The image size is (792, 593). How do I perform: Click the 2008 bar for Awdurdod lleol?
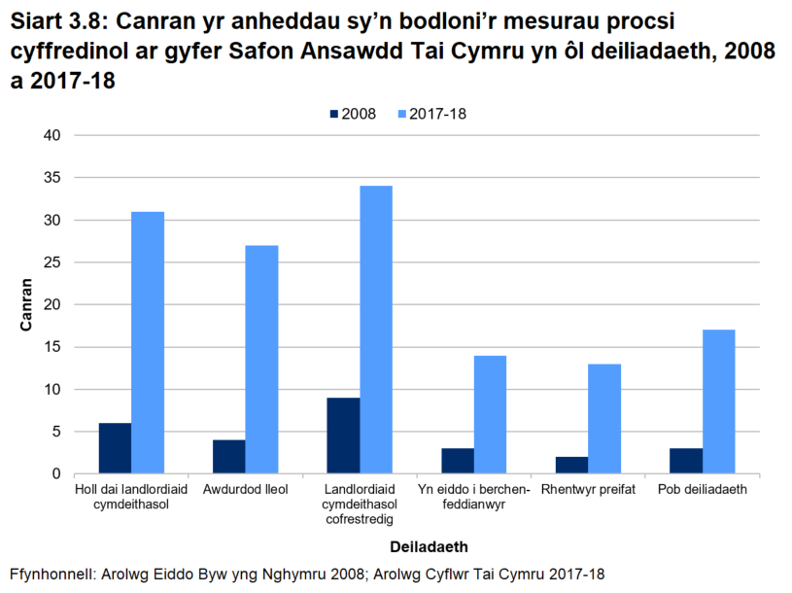(x=228, y=457)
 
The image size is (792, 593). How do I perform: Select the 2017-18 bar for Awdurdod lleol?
(x=261, y=360)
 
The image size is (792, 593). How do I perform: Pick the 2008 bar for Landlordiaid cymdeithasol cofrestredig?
(x=343, y=436)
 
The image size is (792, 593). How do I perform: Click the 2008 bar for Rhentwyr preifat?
(x=571, y=466)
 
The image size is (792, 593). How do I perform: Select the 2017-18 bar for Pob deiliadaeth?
(x=719, y=401)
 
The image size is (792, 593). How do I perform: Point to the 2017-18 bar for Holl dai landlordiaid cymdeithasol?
(x=148, y=343)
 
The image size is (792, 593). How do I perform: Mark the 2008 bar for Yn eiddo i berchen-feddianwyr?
(x=457, y=461)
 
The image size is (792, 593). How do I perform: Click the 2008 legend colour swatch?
(x=334, y=114)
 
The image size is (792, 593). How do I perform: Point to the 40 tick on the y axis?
(x=52, y=135)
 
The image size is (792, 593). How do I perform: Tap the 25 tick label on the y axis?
(x=52, y=262)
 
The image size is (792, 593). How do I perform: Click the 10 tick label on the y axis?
(x=52, y=390)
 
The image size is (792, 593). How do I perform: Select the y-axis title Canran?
(x=26, y=305)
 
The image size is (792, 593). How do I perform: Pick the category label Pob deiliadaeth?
(x=703, y=490)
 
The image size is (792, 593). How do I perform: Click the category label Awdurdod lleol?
(x=245, y=490)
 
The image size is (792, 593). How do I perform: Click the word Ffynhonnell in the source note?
(x=52, y=575)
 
